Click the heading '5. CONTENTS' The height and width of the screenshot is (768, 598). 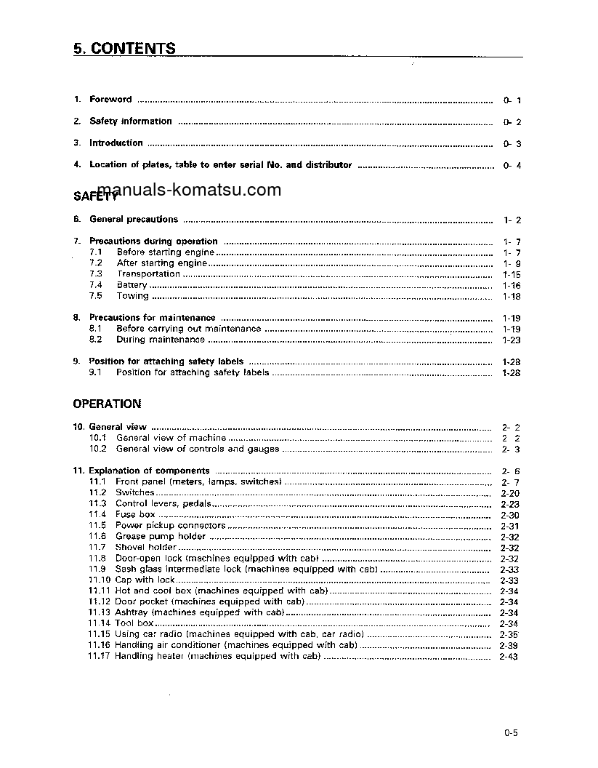pyautogui.click(x=124, y=49)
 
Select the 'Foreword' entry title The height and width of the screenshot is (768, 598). pyautogui.click(x=110, y=100)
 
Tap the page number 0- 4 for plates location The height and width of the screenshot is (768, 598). pyautogui.click(x=512, y=166)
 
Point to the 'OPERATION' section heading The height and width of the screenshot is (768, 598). pyautogui.click(x=107, y=404)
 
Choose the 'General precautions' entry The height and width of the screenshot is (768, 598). pyautogui.click(x=133, y=220)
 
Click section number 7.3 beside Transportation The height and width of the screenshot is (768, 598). pyautogui.click(x=96, y=274)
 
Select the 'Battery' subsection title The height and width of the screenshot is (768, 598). pyautogui.click(x=132, y=286)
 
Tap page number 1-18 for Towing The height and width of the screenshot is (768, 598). pyautogui.click(x=512, y=297)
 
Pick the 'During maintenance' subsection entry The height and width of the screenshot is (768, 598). pyautogui.click(x=160, y=340)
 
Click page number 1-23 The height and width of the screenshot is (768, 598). pyautogui.click(x=512, y=340)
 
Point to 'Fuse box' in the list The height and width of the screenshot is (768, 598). pyautogui.click(x=135, y=515)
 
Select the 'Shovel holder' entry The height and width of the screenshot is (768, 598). pyautogui.click(x=145, y=548)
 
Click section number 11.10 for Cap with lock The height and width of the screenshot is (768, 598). pyautogui.click(x=100, y=580)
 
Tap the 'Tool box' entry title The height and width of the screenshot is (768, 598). pyautogui.click(x=134, y=624)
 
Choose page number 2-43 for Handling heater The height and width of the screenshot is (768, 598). pyautogui.click(x=509, y=657)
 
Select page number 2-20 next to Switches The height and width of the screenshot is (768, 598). pyautogui.click(x=509, y=493)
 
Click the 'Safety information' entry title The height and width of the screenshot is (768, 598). pyautogui.click(x=130, y=121)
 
